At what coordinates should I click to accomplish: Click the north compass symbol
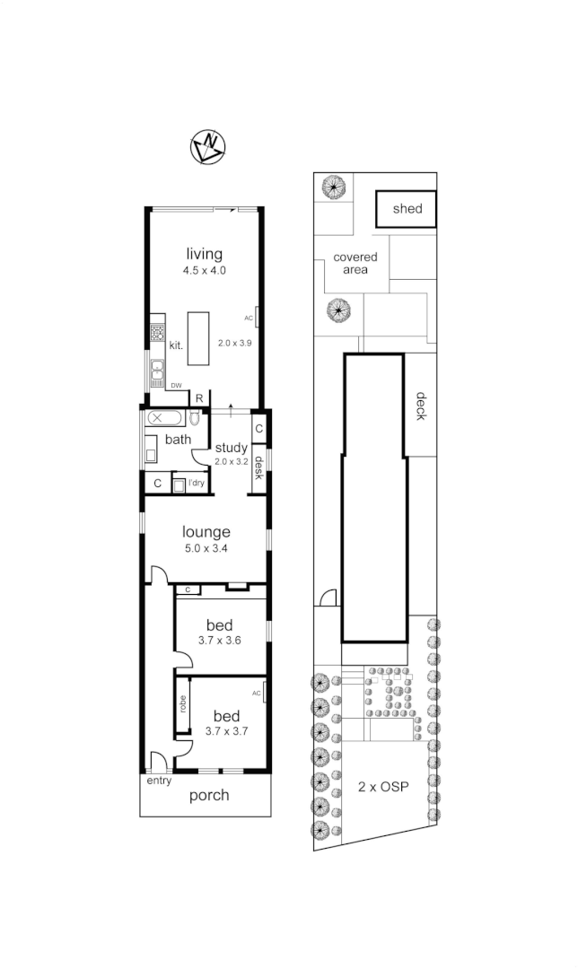pos(209,147)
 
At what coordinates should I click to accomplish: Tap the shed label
pos(407,209)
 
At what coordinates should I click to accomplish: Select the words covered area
pos(355,263)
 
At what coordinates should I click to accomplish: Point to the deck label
pos(419,406)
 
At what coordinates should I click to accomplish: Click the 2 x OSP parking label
pos(383,787)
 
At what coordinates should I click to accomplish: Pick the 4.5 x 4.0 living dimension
pos(204,269)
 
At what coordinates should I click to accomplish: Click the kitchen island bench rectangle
pos(197,338)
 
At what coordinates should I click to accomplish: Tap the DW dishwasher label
pos(177,386)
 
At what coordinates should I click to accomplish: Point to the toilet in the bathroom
pos(195,418)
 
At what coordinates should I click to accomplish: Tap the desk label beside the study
pos(258,467)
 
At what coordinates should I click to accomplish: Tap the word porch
pos(208,795)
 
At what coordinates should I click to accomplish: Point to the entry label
pos(159,781)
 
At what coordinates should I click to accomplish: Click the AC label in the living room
pos(249,318)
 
